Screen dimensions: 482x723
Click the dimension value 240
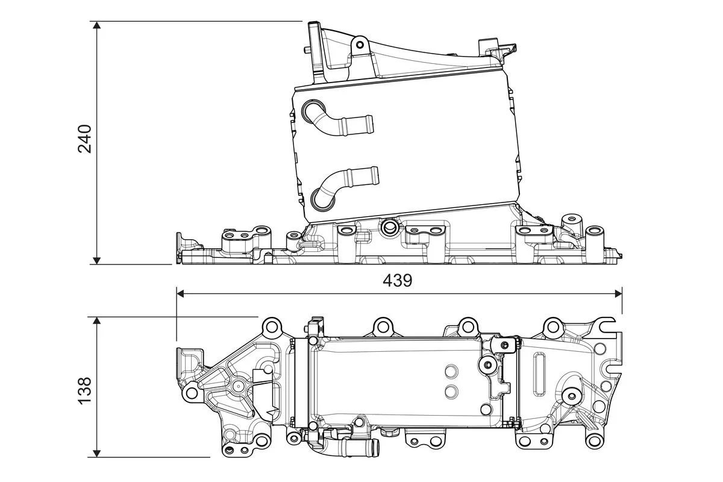(85, 139)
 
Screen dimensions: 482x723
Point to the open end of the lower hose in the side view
(374, 176)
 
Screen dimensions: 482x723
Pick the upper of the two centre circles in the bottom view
(451, 370)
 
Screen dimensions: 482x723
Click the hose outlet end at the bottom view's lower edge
(374, 448)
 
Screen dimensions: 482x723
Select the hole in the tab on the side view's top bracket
(360, 45)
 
